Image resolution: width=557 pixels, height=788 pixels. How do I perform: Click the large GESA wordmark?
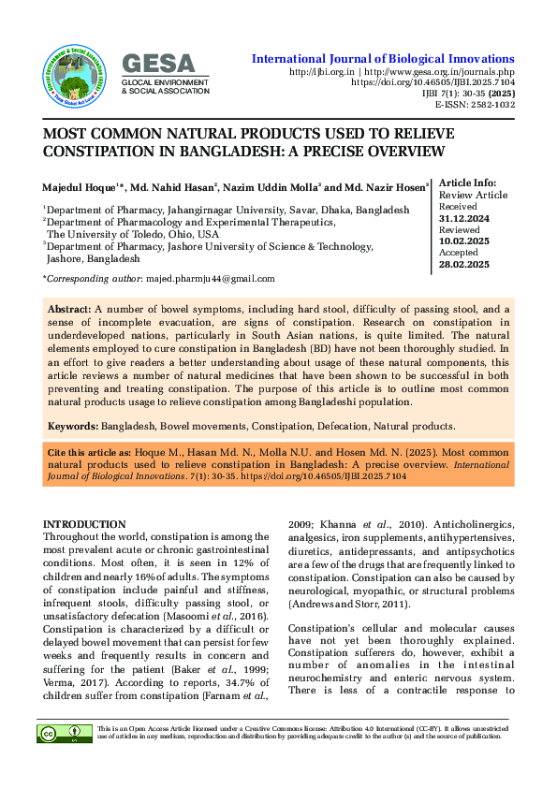pyautogui.click(x=160, y=63)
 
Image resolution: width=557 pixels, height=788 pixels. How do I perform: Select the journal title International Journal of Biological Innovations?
pyautogui.click(x=383, y=59)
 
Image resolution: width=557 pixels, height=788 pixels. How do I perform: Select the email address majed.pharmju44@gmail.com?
pyautogui.click(x=210, y=279)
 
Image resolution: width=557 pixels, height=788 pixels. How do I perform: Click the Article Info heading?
pyautogui.click(x=468, y=182)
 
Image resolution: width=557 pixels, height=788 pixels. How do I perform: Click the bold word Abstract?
pyautogui.click(x=69, y=308)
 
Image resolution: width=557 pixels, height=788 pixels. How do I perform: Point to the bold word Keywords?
pyautogui.click(x=73, y=426)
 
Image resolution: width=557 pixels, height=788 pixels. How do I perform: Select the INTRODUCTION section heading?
pyautogui.click(x=85, y=524)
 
